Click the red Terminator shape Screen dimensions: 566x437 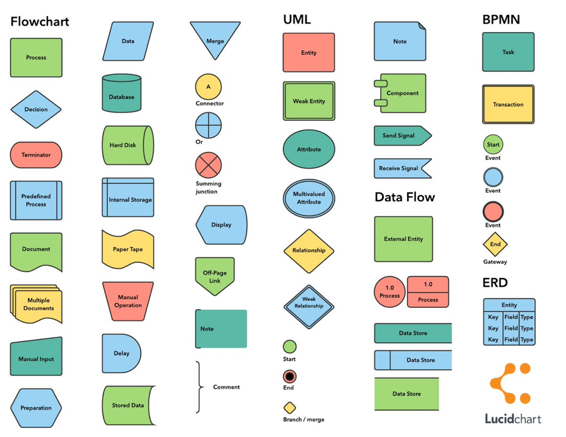(36, 155)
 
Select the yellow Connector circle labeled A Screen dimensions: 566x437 (208, 87)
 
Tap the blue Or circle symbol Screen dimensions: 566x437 (208, 125)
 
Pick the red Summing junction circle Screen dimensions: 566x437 (208, 165)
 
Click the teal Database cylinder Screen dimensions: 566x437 (121, 93)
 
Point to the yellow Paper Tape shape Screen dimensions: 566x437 (128, 249)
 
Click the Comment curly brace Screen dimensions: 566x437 (199, 387)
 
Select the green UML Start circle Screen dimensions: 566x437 (289, 346)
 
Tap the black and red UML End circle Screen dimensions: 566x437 (289, 376)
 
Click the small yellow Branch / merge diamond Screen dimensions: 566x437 (289, 408)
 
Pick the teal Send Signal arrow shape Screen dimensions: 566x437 (402, 135)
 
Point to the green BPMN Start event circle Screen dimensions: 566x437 (493, 144)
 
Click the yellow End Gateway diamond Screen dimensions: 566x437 (495, 244)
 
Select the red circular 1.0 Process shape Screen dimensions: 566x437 (390, 292)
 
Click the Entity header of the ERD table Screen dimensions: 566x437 (509, 305)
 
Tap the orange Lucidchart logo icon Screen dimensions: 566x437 (510, 383)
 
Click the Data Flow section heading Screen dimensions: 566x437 (404, 197)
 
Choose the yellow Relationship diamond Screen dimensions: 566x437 (309, 250)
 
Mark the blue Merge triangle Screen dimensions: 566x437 (215, 38)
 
